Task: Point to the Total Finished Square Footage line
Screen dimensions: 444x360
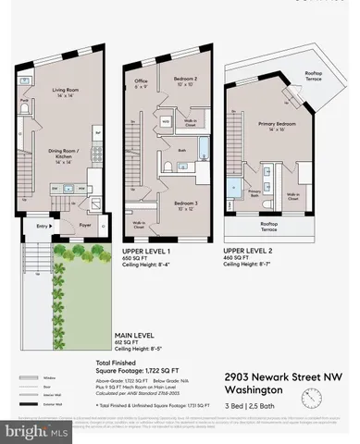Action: click(x=147, y=367)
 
